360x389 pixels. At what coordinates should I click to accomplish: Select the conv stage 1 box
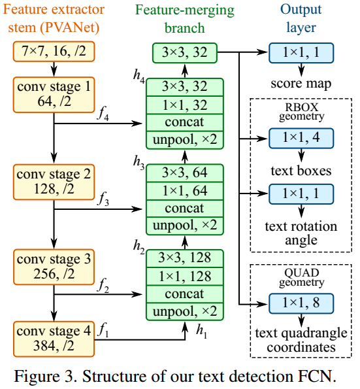click(53, 93)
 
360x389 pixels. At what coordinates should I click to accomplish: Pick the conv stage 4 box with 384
click(53, 337)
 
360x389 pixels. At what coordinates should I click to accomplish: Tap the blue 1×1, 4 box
click(301, 137)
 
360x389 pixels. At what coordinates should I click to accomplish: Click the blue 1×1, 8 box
click(301, 302)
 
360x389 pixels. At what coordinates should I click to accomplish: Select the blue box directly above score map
click(301, 53)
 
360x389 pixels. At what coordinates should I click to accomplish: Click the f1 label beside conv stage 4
click(103, 331)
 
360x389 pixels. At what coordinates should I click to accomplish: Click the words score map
click(301, 84)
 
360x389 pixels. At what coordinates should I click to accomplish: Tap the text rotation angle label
click(301, 233)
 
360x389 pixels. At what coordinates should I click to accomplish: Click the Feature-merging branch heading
click(185, 20)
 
